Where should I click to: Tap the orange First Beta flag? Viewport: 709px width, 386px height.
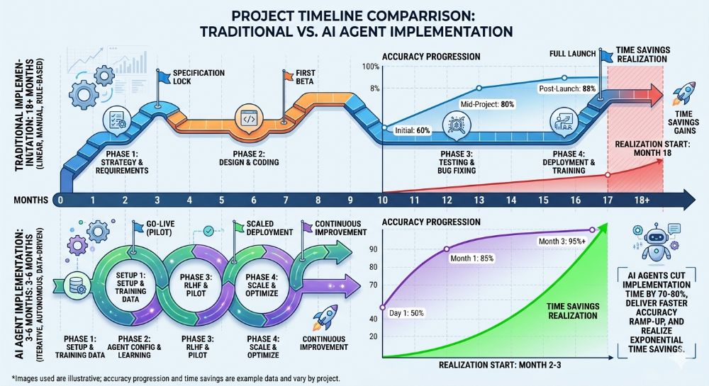pos(288,75)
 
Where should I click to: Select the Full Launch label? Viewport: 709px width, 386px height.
pos(572,53)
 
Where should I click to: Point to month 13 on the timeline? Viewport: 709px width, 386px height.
pos(480,200)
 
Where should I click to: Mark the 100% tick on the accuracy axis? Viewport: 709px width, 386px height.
pos(372,66)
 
